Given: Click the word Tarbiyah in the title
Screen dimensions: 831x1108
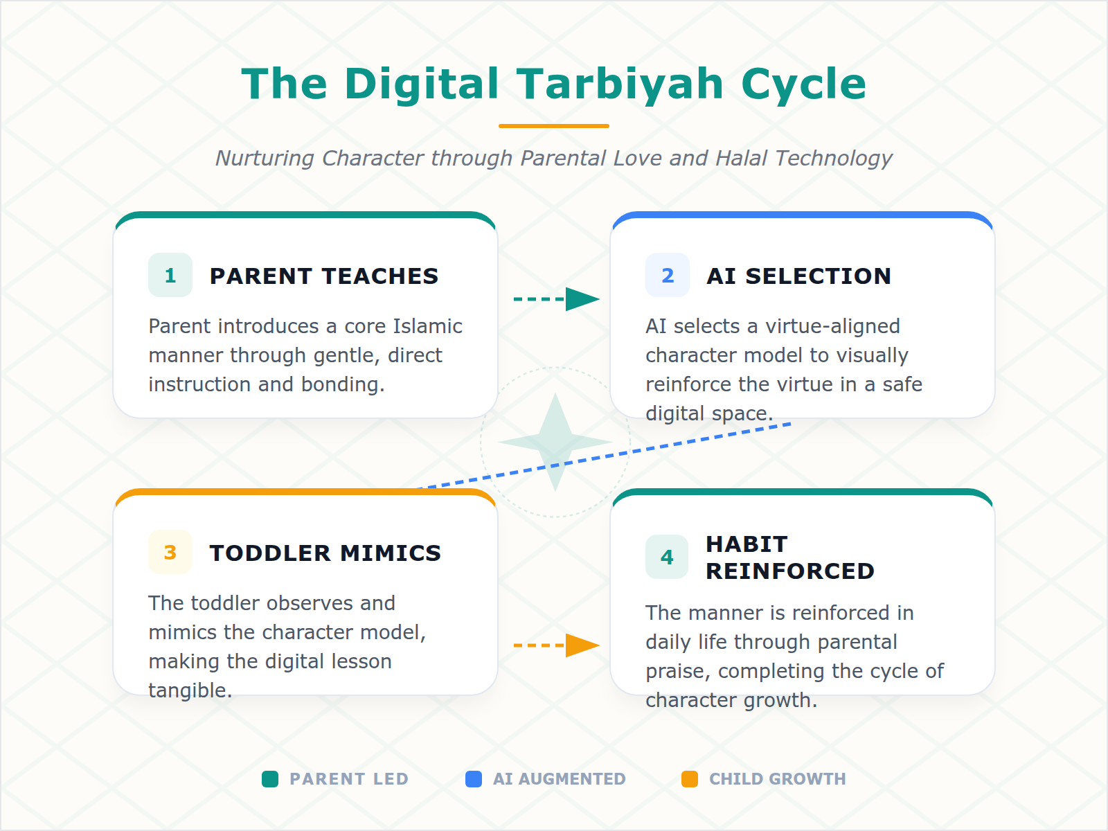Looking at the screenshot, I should (620, 84).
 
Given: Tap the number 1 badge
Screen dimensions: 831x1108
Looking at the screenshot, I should (170, 276).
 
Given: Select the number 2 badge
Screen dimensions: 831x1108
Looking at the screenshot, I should (668, 276).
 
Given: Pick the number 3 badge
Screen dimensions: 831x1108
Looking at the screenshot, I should (170, 553).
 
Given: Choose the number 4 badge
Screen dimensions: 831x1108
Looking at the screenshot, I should (667, 557).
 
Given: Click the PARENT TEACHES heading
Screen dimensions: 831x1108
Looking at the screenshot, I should (324, 276).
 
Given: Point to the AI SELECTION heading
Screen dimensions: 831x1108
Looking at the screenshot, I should (798, 276).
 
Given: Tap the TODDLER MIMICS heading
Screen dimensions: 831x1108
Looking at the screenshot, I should (325, 553).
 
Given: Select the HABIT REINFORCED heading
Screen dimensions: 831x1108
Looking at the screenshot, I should (789, 557).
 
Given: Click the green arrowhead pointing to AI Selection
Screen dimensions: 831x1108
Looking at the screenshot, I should (581, 299).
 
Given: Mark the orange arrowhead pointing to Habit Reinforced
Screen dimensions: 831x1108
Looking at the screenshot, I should (581, 645).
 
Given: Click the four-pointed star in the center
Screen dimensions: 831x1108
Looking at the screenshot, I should (555, 442).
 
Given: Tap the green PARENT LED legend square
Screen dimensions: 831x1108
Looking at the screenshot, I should (270, 779).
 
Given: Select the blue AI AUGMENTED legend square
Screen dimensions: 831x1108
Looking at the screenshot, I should (474, 779).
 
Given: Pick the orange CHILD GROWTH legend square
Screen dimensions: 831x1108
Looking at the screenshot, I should (690, 779).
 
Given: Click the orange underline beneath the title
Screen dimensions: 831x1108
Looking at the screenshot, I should (554, 126).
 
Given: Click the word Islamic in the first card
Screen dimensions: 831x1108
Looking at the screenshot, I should (427, 326).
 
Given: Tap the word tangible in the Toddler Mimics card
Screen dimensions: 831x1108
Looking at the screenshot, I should (190, 690).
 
